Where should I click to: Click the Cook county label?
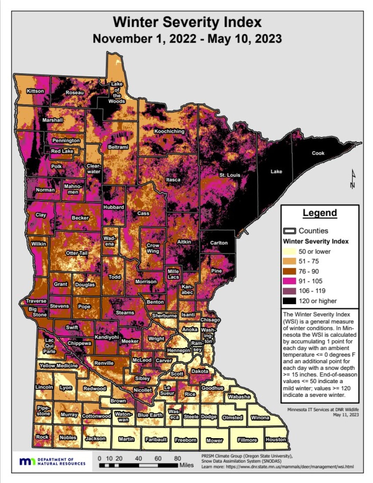tap(318, 153)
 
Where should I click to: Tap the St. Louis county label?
tap(230, 175)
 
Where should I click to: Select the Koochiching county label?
tap(169, 131)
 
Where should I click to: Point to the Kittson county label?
tap(36, 91)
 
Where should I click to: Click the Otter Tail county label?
tap(77, 253)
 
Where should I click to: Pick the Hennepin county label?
tap(178, 350)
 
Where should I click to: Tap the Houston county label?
tap(275, 439)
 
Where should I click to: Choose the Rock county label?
tap(42, 437)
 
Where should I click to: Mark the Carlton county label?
tap(218, 243)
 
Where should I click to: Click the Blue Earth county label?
tap(149, 415)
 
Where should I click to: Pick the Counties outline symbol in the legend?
tap(290, 231)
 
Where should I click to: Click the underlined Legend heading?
tap(320, 213)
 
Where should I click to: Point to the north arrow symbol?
tap(352, 179)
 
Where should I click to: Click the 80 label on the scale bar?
tap(177, 458)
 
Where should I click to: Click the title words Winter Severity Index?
tap(187, 22)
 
